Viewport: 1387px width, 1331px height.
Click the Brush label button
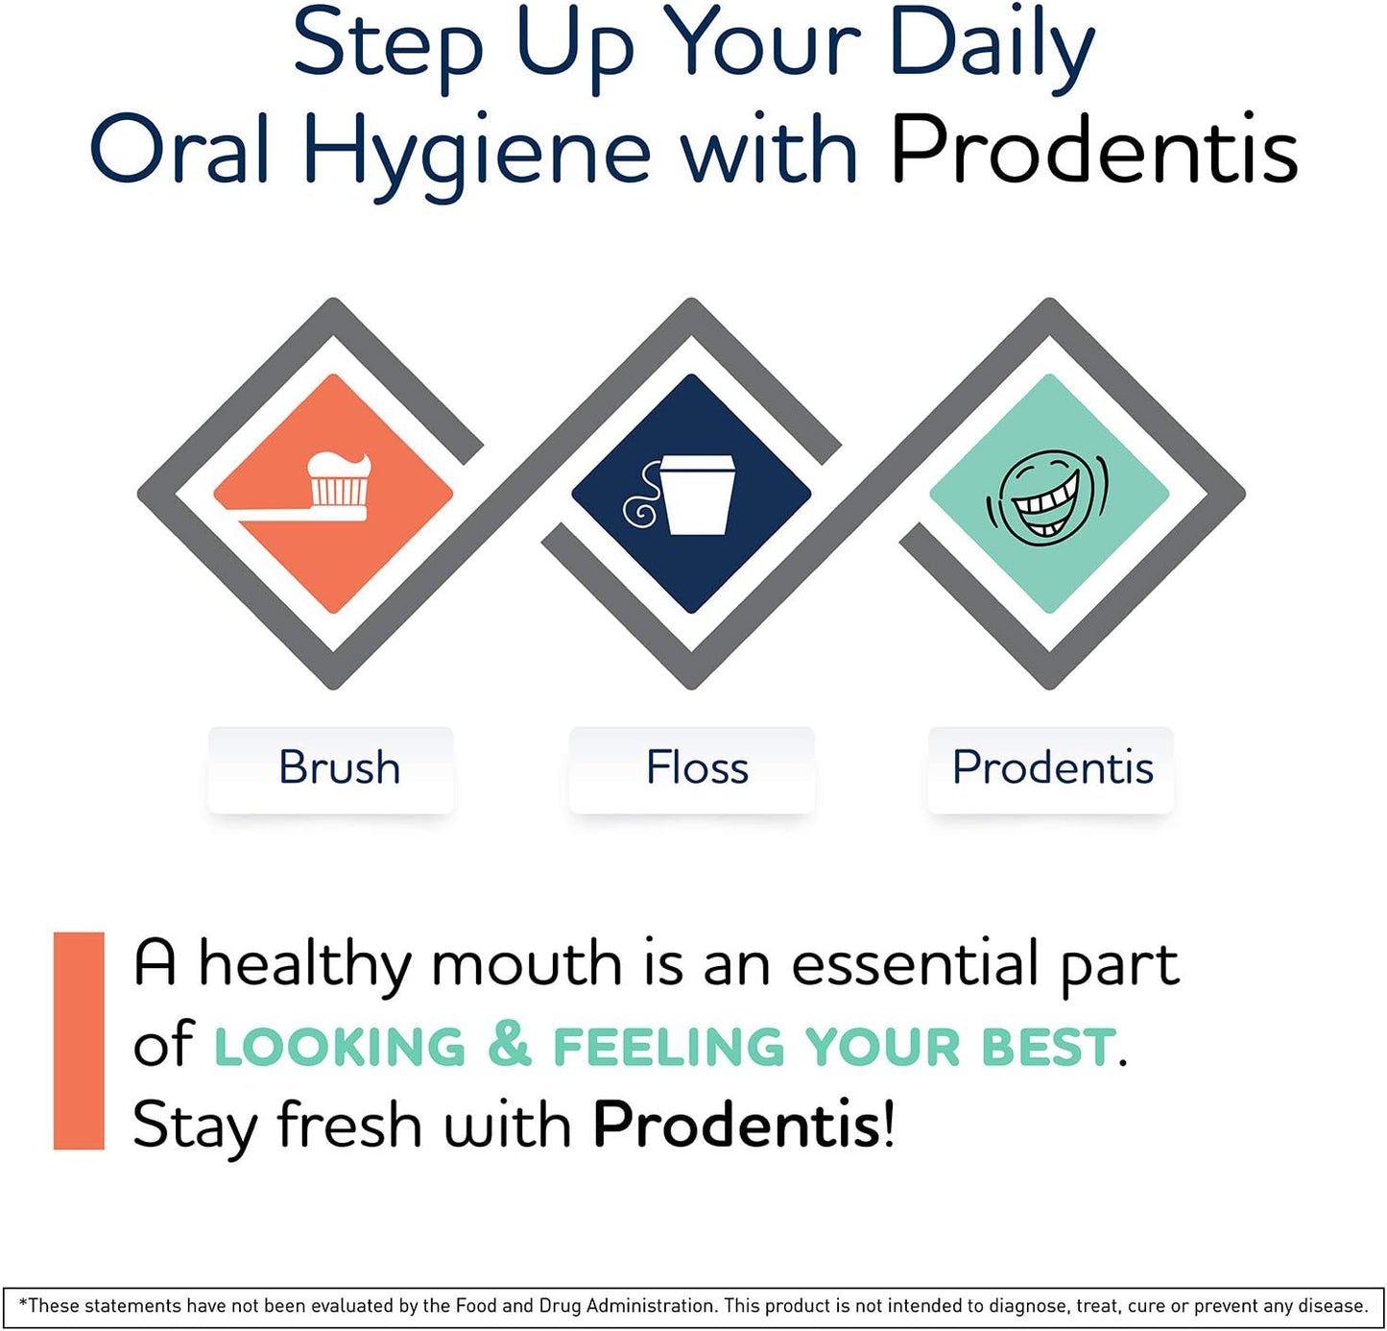[339, 768]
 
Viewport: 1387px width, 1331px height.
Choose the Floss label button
[697, 768]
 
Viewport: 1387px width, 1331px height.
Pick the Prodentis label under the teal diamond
[1052, 768]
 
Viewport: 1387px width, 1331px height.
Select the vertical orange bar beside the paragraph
[79, 1040]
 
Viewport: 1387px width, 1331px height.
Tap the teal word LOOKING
[339, 1047]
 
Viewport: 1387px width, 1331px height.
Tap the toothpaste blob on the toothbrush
[338, 465]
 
